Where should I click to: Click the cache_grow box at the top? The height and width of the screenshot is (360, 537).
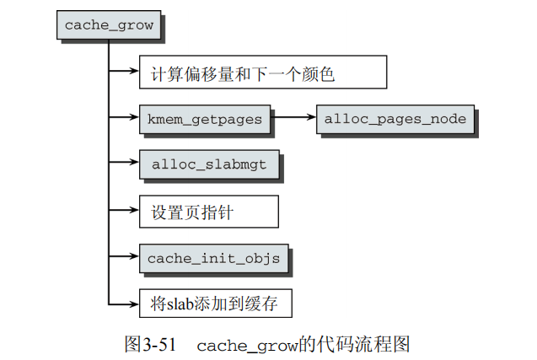tap(109, 24)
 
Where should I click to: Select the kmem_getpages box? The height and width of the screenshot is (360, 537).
tap(206, 119)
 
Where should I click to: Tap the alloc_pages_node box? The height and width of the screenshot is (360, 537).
tap(395, 119)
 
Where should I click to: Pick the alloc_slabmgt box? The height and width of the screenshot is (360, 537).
tap(209, 164)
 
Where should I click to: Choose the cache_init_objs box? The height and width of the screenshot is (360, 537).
tap(213, 257)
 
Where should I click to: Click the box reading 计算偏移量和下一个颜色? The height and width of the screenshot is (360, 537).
tap(262, 73)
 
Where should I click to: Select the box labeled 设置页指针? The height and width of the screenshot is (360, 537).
tap(208, 212)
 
